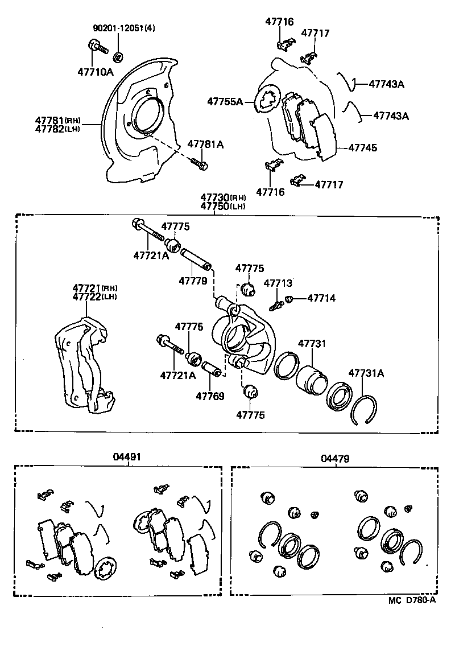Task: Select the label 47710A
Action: click(96, 72)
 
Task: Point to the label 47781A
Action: click(205, 145)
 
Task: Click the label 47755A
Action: click(225, 102)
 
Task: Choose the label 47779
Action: click(192, 281)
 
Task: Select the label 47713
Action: click(278, 283)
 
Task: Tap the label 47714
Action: click(321, 298)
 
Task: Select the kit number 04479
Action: click(335, 458)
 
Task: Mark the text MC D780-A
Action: click(412, 600)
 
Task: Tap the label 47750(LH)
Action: click(222, 206)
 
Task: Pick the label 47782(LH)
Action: click(57, 129)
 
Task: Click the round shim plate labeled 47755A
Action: click(265, 100)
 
